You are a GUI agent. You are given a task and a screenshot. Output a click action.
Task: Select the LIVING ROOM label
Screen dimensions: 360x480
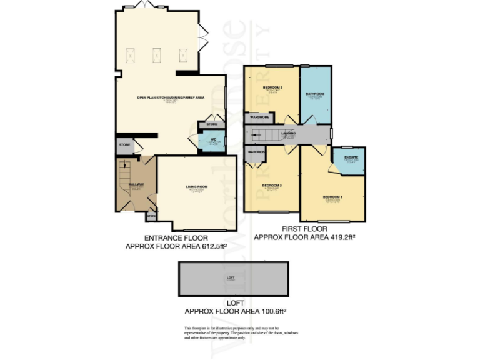[196, 187]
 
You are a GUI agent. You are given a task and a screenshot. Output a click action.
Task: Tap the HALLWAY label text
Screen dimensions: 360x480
[136, 184]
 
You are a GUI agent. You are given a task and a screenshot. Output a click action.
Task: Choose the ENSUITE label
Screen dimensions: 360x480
[351, 157]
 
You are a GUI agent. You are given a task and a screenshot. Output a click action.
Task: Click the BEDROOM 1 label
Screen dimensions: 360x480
[332, 197]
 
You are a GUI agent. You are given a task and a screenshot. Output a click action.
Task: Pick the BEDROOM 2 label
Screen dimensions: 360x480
[272, 186]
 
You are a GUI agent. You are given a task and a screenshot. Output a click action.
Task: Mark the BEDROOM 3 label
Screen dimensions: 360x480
[272, 87]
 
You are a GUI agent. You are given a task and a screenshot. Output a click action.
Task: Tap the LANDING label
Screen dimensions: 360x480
[289, 133]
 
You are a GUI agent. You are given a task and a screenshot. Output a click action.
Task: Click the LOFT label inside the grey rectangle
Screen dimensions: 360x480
[231, 277]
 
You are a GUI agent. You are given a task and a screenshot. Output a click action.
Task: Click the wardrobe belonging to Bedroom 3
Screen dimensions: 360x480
[259, 117]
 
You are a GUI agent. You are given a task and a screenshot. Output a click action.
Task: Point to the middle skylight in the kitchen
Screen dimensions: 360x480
[157, 55]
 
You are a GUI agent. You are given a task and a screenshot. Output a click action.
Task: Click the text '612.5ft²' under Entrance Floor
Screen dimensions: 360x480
[208, 247]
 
